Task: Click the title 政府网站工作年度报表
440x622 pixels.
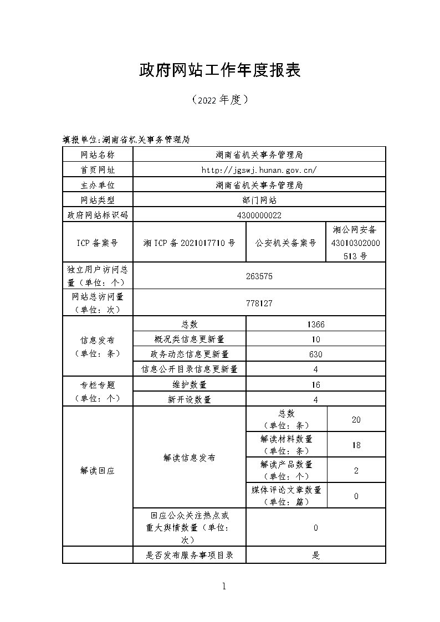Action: [219, 70]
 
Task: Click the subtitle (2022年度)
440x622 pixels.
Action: [219, 100]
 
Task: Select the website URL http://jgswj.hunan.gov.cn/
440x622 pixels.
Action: [259, 170]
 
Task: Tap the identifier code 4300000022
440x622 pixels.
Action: [259, 215]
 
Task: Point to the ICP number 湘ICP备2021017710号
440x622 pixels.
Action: [189, 243]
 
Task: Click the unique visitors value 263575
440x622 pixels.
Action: [259, 276]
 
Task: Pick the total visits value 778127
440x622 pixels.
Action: [259, 303]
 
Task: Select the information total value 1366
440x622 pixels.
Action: [315, 325]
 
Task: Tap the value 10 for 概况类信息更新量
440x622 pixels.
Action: [315, 340]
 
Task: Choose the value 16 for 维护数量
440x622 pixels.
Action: [315, 384]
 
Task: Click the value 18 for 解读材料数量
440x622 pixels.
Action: [356, 445]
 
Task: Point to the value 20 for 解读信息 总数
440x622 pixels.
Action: [356, 420]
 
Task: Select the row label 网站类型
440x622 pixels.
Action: [98, 200]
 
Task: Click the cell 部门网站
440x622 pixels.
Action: [259, 200]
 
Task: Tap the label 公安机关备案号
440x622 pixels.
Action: [286, 243]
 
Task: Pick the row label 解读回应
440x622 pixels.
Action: [98, 471]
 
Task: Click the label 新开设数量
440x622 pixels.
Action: [189, 399]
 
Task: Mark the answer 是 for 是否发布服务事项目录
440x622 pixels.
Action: [315, 555]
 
